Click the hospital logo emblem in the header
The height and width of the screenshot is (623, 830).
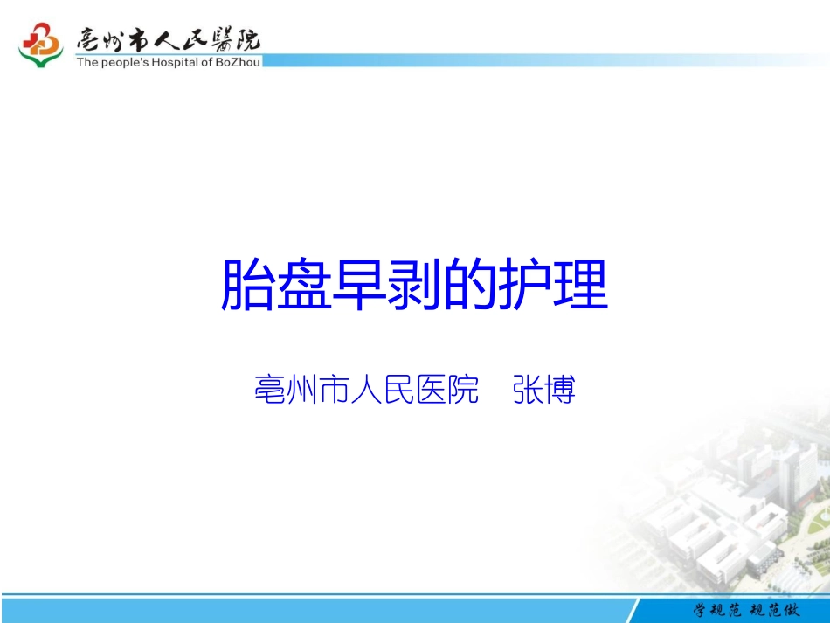(40, 45)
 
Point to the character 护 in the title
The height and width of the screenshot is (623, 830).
(524, 285)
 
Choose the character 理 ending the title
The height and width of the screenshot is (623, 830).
(580, 285)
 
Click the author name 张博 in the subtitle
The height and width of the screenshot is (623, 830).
(543, 390)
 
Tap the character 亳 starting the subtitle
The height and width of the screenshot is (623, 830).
(269, 390)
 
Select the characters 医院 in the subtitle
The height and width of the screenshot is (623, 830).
(448, 390)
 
